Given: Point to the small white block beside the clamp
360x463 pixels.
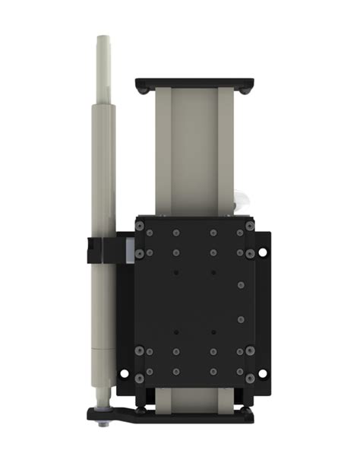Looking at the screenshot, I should [x=130, y=250].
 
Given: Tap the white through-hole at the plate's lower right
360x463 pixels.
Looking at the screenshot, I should [x=263, y=373].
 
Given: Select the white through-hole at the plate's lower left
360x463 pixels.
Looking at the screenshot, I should [x=125, y=373].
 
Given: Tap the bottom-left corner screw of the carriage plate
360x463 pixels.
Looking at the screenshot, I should [x=140, y=378].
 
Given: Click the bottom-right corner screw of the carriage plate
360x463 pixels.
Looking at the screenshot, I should [x=249, y=378].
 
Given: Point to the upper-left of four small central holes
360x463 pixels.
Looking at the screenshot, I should [x=176, y=271].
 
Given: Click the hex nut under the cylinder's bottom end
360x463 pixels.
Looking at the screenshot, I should [x=104, y=423].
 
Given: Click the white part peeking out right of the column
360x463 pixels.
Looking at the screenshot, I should [x=242, y=201].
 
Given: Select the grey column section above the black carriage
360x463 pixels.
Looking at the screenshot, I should [x=193, y=152].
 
